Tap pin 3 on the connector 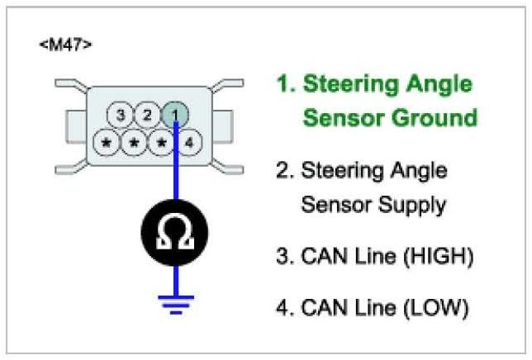[121, 116]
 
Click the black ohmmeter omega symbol [174, 234]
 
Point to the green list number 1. [284, 84]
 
